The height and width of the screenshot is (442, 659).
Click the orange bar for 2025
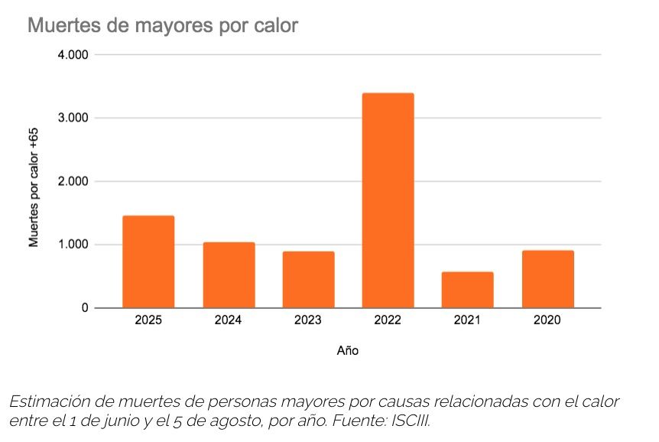pyautogui.click(x=148, y=262)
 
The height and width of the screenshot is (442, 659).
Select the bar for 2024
pyautogui.click(x=229, y=275)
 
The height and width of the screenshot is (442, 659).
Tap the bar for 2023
pyautogui.click(x=308, y=279)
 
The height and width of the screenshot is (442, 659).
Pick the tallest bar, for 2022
pyautogui.click(x=388, y=200)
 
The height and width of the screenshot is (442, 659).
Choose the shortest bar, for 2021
pyautogui.click(x=467, y=290)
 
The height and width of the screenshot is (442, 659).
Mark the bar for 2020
pyautogui.click(x=547, y=279)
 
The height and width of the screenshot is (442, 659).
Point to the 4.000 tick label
pyautogui.click(x=73, y=55)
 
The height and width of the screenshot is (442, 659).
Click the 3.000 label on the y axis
pyautogui.click(x=73, y=119)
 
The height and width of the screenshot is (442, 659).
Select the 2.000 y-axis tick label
pyautogui.click(x=73, y=182)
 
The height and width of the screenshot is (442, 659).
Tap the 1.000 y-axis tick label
pyautogui.click(x=73, y=245)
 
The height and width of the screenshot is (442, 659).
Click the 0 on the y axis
pyautogui.click(x=85, y=308)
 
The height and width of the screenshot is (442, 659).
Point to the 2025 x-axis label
pyautogui.click(x=148, y=321)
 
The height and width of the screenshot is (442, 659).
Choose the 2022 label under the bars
pyautogui.click(x=388, y=321)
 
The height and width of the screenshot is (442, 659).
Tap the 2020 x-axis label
pyautogui.click(x=547, y=321)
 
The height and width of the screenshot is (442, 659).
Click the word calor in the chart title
pyautogui.click(x=273, y=26)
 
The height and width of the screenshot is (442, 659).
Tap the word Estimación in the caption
pyautogui.click(x=47, y=401)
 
